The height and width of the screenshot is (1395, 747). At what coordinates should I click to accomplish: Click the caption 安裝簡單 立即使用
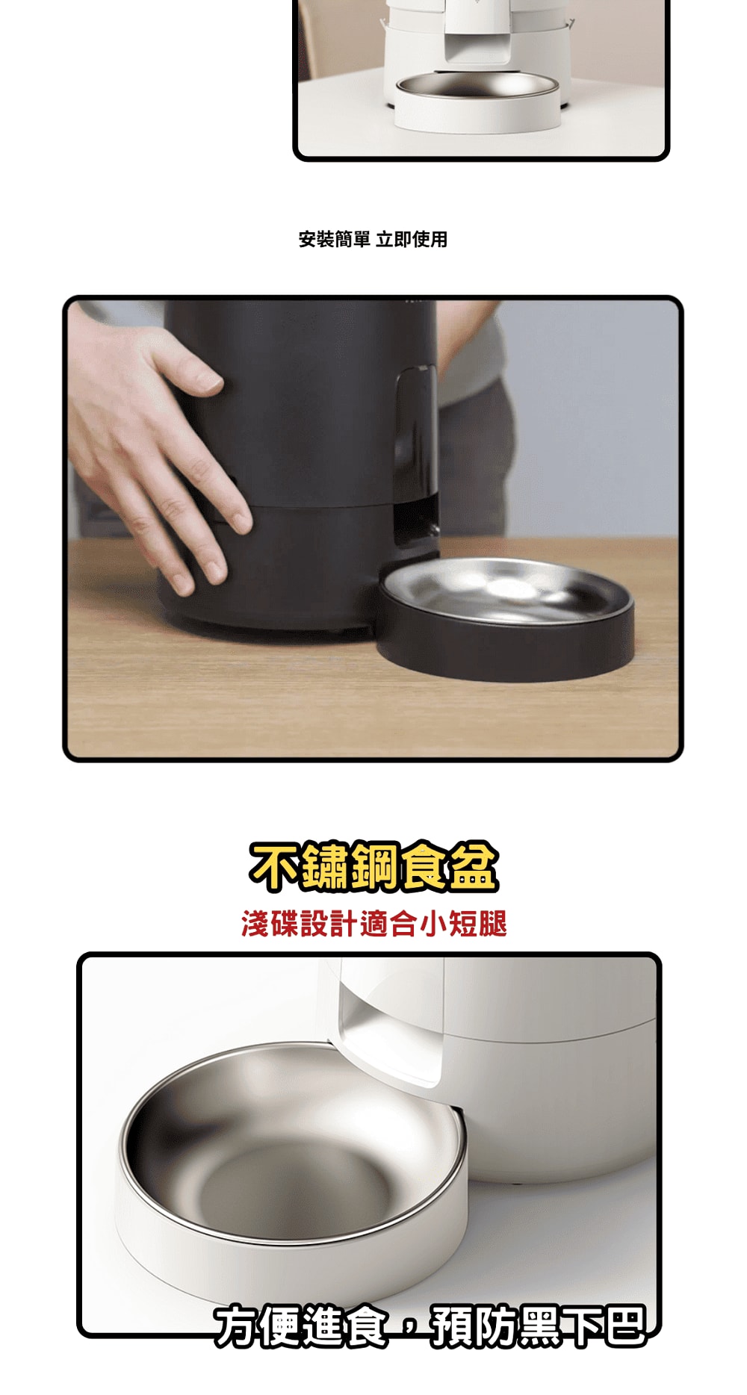373,240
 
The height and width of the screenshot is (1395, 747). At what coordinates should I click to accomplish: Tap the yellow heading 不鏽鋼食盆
373,867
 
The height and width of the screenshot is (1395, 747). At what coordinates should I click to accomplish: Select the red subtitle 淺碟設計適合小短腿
374,924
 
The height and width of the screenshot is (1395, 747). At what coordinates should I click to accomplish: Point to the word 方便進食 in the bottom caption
301,1326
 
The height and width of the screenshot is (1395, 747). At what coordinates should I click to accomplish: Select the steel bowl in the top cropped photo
477,85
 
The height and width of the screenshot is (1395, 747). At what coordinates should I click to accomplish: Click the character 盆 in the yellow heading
474,867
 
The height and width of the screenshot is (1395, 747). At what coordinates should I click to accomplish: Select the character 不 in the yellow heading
274,867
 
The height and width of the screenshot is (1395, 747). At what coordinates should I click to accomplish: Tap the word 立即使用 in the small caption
412,240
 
